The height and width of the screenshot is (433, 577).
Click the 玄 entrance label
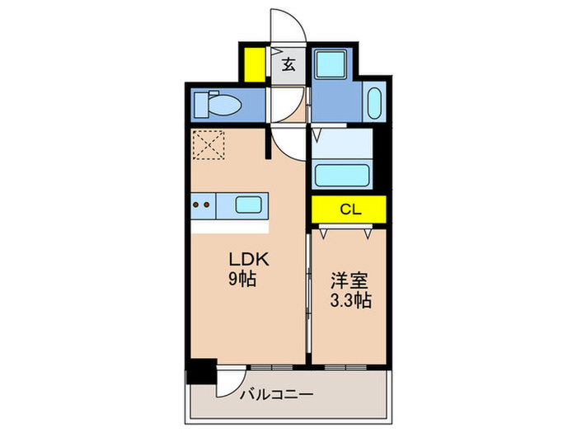tap(289, 64)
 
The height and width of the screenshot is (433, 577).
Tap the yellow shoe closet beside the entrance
tap(254, 64)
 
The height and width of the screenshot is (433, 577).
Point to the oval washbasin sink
tap(374, 104)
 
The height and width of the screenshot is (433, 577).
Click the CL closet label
tap(349, 209)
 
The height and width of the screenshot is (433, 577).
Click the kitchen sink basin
tap(246, 204)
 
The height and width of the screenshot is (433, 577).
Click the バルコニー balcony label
tap(276, 395)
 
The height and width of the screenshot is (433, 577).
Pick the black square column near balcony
tap(201, 371)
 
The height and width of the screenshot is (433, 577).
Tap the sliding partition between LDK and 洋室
tap(308, 297)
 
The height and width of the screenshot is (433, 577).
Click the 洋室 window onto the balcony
tap(346, 364)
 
